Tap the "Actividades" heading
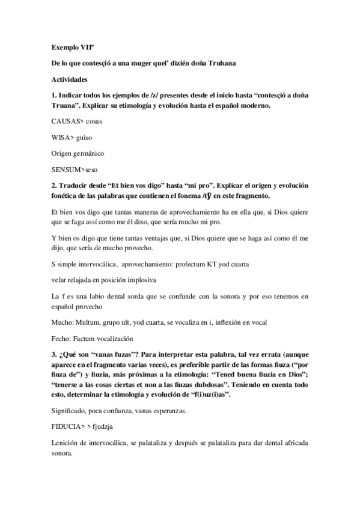pos(70,79)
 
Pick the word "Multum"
pos(88,322)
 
